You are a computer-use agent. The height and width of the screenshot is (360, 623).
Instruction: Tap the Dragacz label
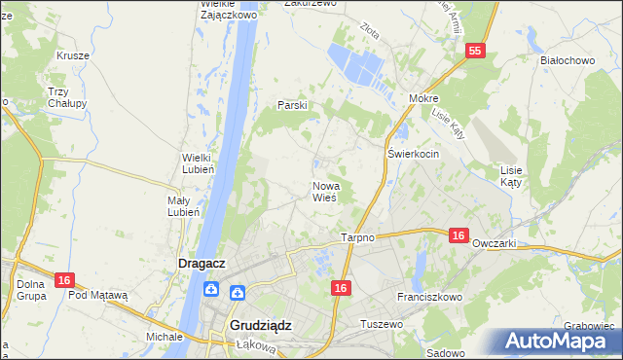click(202, 262)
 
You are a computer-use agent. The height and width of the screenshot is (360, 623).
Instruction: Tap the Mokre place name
click(424, 98)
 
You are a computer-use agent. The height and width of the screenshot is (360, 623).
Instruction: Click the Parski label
click(293, 104)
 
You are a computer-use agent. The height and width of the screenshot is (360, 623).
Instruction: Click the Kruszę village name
click(73, 55)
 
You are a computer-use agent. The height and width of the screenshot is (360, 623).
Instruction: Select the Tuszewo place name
click(382, 323)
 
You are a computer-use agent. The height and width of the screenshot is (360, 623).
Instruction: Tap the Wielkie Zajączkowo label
click(227, 10)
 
